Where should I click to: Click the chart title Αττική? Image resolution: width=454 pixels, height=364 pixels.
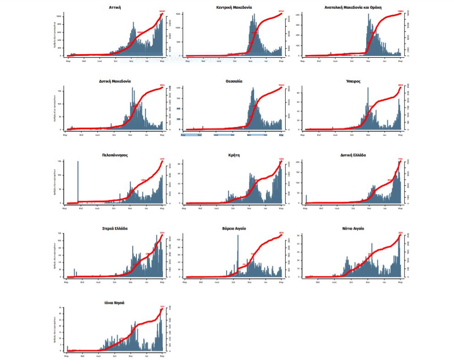pyautogui.click(x=115, y=7)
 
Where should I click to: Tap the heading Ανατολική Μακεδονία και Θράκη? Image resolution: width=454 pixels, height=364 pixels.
pyautogui.click(x=353, y=7)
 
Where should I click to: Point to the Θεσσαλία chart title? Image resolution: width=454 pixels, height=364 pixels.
pyautogui.click(x=234, y=81)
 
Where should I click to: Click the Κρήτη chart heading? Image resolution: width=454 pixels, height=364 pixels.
pyautogui.click(x=234, y=155)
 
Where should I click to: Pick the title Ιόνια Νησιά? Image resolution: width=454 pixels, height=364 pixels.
pyautogui.click(x=115, y=303)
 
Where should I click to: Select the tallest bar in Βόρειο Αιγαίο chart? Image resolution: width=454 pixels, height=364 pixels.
pyautogui.click(x=238, y=254)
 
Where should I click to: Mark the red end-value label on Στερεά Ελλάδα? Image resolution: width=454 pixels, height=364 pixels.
pyautogui.click(x=162, y=233)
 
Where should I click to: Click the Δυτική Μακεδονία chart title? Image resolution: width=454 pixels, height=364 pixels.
pyautogui.click(x=115, y=81)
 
